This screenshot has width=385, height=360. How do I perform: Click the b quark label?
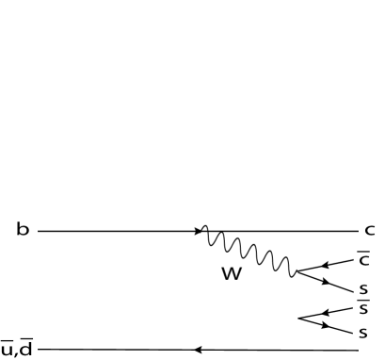coord(22,229)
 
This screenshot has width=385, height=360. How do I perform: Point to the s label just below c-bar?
coord(362,288)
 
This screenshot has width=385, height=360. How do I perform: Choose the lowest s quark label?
coord(362,332)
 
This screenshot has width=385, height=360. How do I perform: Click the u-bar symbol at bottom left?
coord(9,351)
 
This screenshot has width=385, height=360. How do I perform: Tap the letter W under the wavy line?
coord(231,274)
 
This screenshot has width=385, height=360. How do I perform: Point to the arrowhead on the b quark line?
coord(201,230)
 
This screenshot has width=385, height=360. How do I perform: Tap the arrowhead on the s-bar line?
coord(326,312)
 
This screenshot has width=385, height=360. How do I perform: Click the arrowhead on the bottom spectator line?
coord(199,350)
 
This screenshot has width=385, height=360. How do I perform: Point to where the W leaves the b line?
coord(206,231)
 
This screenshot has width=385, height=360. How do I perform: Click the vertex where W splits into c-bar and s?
coord(296,273)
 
